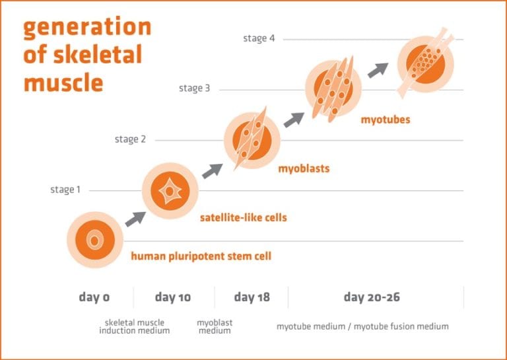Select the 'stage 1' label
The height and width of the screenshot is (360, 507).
pos(65,190)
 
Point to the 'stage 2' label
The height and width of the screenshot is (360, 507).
pos(130,139)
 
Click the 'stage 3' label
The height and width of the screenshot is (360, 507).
pos(194,88)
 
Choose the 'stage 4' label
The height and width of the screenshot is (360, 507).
pos(259,38)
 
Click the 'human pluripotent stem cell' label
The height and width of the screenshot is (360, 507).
pos(201,256)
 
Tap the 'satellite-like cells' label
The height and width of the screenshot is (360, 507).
pos(244,217)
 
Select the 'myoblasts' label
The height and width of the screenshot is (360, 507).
pos(304,168)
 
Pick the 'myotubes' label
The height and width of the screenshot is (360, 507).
pos(386,120)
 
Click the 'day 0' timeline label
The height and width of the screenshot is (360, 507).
pos(94,297)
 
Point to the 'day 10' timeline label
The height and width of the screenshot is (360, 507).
pos(173,297)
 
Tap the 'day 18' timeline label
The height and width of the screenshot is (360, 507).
pos(252,297)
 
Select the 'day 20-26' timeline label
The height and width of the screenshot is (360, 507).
pos(372,297)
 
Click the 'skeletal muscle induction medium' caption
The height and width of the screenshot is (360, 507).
pos(135,327)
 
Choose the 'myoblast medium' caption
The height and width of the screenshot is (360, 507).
pos(215,327)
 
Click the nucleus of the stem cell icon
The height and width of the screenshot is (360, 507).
pos(94,240)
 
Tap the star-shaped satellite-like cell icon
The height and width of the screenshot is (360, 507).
pos(170,192)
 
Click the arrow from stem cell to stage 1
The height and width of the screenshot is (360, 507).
pos(135,219)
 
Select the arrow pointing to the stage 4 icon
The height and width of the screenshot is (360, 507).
pos(378,70)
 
